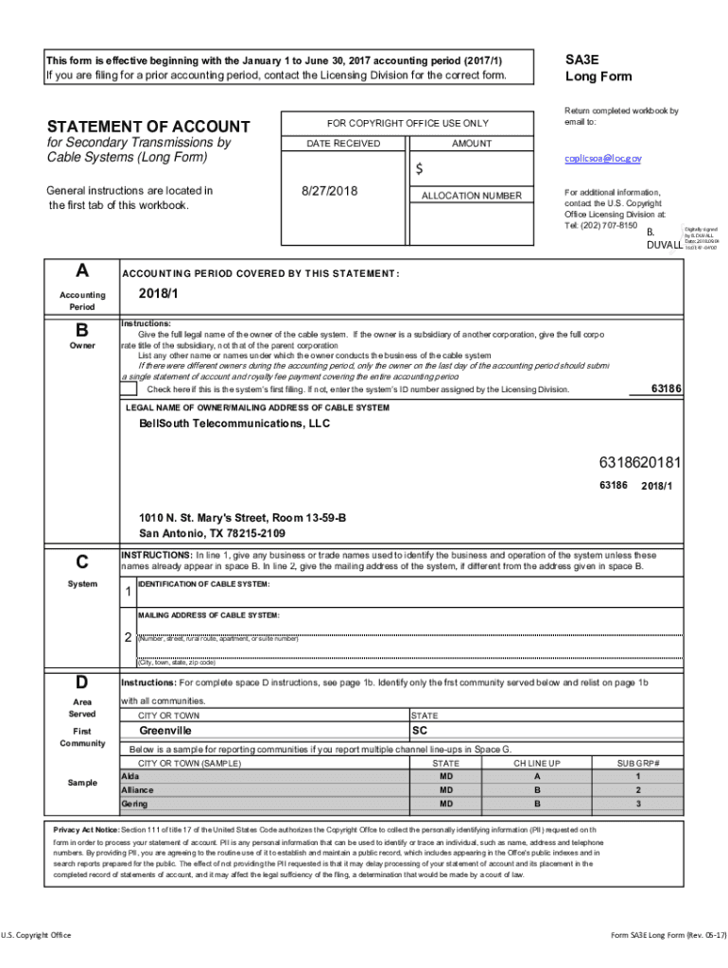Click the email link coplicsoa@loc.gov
602,159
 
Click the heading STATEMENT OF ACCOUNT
148,127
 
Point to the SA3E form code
582,59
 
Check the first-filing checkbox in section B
130,389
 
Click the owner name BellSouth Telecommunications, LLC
234,423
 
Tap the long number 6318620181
639,463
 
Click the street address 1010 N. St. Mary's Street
242,518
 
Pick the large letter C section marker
82,562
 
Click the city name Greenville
165,731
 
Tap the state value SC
420,731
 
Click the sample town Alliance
137,789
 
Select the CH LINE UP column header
537,763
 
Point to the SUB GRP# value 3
638,804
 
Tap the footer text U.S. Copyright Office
36,935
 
